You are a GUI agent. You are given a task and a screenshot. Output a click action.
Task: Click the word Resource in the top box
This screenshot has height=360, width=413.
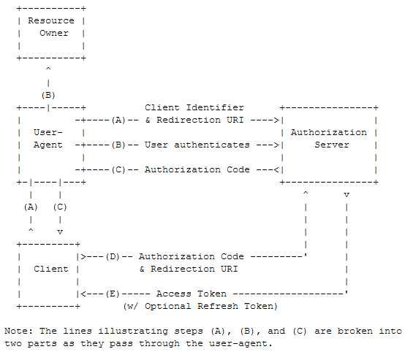coord(51,20)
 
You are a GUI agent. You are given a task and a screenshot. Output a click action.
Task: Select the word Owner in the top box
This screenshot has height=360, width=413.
coord(54,33)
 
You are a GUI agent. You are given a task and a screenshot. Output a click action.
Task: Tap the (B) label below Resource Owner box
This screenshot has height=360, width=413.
coord(48,95)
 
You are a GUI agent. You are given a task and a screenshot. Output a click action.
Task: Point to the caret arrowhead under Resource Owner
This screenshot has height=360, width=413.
coord(48,69)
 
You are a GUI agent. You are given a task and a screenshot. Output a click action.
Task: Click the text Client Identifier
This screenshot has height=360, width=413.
coord(194,107)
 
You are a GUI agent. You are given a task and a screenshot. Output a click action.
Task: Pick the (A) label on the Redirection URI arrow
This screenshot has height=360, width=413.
coord(118,120)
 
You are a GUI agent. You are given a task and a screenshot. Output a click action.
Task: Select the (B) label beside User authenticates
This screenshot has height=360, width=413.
coord(118,145)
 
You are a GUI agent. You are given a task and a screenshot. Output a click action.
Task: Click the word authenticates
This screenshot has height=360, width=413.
coord(212,145)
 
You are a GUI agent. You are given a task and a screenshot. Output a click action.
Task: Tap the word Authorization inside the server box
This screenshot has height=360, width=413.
coord(329,132)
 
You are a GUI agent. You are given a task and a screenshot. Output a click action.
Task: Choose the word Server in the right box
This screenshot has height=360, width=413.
coord(332,145)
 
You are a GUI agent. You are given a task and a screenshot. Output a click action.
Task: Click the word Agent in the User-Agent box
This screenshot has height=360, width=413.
coord(48,145)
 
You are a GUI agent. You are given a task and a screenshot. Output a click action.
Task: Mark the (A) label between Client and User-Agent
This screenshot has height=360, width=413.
coord(31,207)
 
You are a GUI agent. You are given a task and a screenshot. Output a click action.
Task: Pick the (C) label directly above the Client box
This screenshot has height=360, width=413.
coord(60,207)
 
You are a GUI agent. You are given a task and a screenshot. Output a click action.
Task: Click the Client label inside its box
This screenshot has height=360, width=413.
coord(51,269)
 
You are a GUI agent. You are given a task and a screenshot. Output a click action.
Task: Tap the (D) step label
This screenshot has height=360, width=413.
coord(113,256)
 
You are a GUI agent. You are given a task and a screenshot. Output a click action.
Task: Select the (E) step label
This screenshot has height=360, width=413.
coord(113,294)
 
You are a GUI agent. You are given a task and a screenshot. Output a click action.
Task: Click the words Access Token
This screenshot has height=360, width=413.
coord(192,294)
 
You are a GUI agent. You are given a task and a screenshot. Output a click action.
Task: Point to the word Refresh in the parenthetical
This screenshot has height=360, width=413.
coord(218,306)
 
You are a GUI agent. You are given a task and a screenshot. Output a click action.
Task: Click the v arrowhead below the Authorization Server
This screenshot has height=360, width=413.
coord(346,195)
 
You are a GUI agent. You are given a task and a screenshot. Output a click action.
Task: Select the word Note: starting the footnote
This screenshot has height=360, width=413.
coord(19,331)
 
